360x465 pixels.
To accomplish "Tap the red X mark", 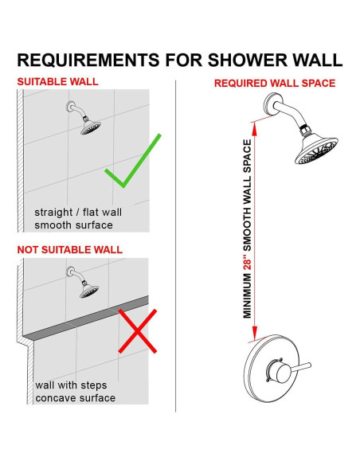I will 137,330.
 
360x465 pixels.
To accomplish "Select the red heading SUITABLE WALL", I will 57,81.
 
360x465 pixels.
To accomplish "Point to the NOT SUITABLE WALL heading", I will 70,249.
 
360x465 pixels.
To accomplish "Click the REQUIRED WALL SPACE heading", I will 274,83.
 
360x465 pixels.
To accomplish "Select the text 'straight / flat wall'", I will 78,213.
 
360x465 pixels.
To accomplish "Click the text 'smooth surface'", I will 73,225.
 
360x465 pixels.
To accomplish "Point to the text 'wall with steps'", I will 71,385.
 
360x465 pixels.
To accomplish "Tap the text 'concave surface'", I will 75,397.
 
